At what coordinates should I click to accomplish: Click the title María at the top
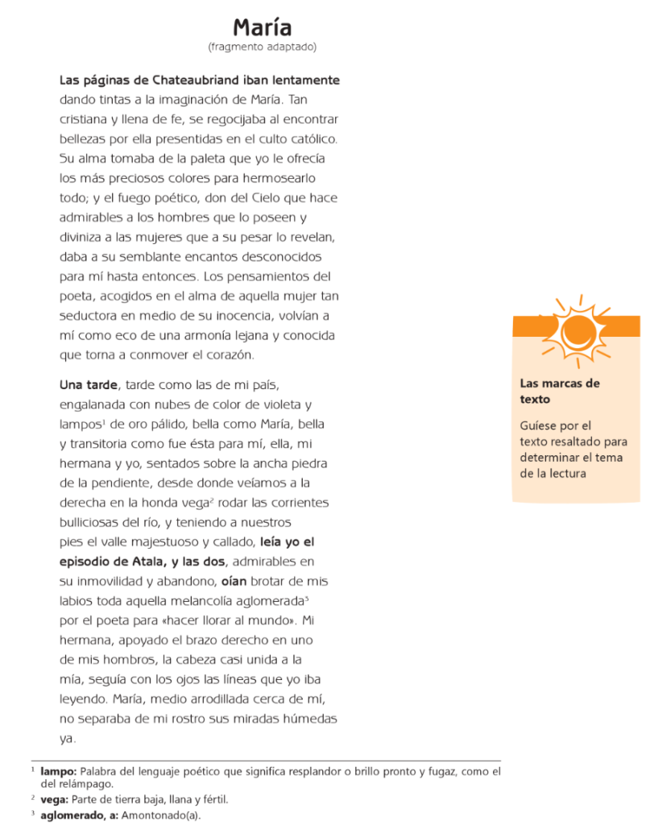[x=262, y=27]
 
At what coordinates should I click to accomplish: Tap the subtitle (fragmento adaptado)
[x=262, y=47]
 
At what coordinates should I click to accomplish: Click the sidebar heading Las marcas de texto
[x=560, y=391]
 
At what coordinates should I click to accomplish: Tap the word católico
[x=309, y=139]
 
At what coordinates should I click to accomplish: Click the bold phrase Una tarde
[x=89, y=385]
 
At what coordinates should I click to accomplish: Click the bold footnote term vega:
[x=55, y=800]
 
